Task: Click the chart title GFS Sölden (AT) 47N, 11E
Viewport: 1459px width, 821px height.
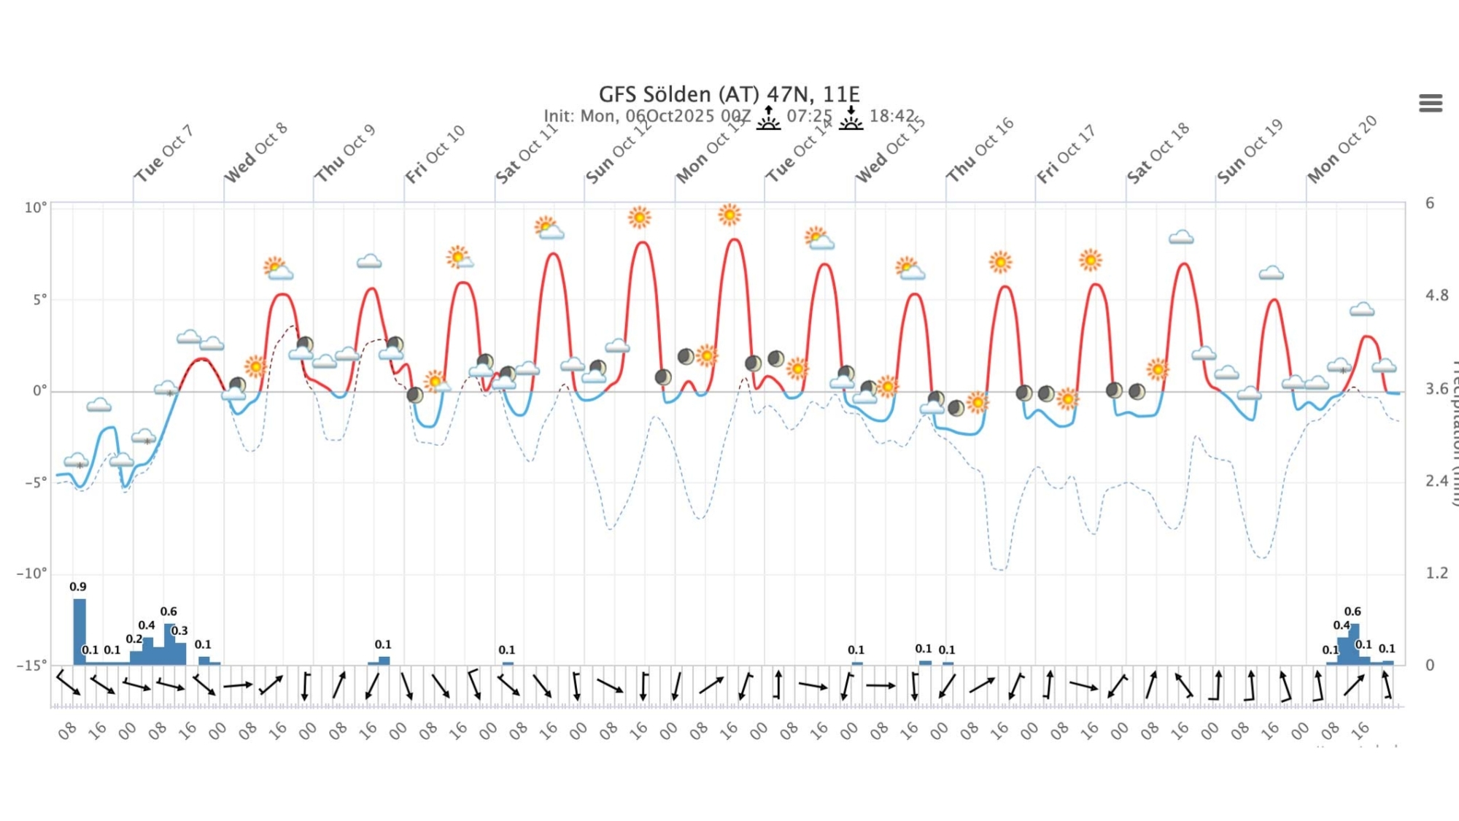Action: (729, 94)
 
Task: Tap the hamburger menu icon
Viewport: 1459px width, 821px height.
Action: (1431, 104)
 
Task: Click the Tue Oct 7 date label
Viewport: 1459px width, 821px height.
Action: (164, 153)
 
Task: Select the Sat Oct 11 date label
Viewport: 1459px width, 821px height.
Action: (526, 153)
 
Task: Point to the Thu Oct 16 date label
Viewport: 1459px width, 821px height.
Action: (980, 150)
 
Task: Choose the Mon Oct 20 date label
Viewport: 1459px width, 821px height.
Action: (1342, 150)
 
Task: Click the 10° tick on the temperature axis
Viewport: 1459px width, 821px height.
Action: (35, 208)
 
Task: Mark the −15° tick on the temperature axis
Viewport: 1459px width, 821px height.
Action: (32, 665)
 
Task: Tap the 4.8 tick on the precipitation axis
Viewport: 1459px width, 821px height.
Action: (1436, 296)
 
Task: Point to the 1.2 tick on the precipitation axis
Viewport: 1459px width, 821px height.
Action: (1436, 573)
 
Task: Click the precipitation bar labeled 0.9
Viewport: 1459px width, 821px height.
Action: (80, 631)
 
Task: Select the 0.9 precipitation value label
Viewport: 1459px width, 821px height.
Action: (78, 587)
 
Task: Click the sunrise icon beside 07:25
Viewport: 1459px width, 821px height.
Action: (768, 117)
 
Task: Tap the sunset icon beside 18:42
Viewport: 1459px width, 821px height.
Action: (851, 117)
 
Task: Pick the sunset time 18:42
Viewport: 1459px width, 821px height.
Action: (891, 116)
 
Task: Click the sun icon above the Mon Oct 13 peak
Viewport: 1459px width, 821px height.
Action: (729, 215)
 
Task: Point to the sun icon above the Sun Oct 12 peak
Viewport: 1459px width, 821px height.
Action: (639, 217)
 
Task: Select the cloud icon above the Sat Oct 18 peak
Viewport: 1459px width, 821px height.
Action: (1181, 237)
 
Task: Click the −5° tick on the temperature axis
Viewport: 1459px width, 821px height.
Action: (34, 482)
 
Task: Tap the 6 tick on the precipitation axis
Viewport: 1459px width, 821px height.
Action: (1430, 203)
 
